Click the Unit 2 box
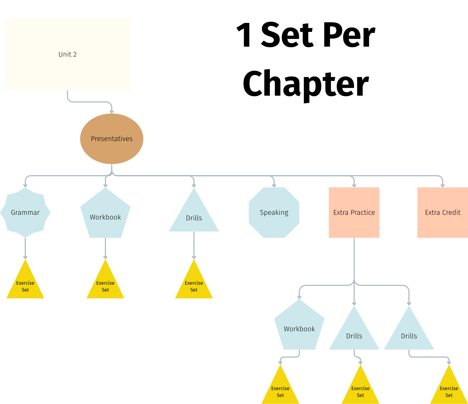[67, 54]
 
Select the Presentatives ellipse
[112, 139]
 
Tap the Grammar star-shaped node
[25, 212]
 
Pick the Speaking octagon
[274, 212]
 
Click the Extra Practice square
[354, 212]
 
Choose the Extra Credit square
[442, 212]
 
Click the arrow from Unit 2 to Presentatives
[90, 102]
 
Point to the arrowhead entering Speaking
[274, 185]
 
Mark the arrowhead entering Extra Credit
[443, 185]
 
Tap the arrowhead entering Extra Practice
[354, 185]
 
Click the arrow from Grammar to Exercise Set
[25, 248]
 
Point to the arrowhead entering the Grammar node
[25, 185]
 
